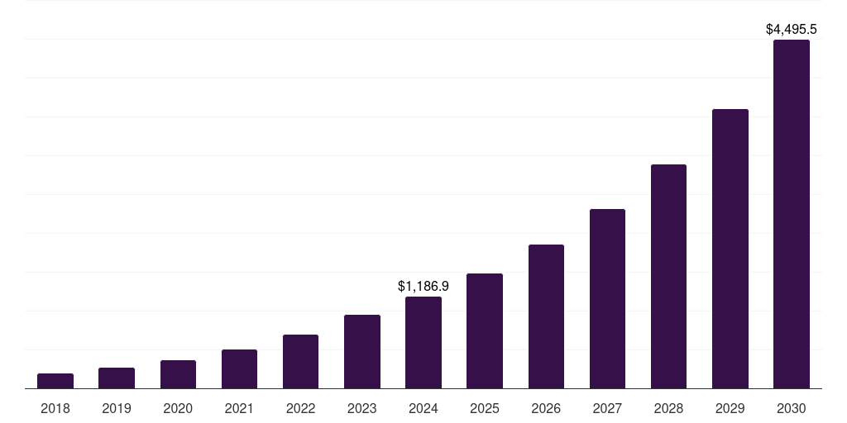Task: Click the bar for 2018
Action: coord(55,381)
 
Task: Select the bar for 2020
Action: coord(178,374)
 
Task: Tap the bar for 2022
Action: coord(300,362)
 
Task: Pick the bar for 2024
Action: coord(423,343)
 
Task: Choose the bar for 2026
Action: coord(546,316)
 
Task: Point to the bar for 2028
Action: coord(668,277)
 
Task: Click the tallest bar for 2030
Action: coord(792,214)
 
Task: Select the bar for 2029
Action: coord(730,249)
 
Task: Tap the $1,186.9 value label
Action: coord(423,286)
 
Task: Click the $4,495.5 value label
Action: coord(792,29)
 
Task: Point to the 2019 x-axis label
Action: coord(117,408)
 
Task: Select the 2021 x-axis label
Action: coord(239,408)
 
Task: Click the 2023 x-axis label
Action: coord(362,408)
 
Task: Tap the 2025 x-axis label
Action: coord(485,408)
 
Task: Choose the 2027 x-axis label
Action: coord(607,408)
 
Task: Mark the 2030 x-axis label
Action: coord(792,408)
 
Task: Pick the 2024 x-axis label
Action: coord(423,408)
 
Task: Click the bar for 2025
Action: coord(485,331)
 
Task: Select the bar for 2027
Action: coord(607,299)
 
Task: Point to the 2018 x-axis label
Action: coord(55,408)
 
